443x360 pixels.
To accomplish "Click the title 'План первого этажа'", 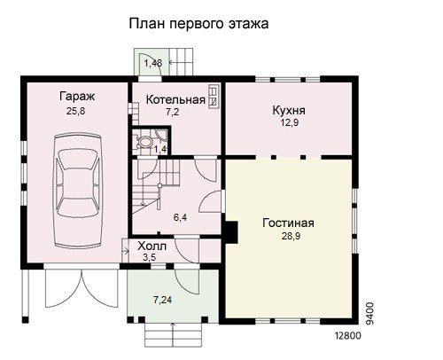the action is [198, 24].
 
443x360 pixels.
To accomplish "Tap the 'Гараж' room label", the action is [77, 97].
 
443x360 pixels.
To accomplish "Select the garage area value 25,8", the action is [76, 111].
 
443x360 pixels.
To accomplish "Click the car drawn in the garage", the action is [78, 191].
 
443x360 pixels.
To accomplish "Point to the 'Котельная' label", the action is [175, 99].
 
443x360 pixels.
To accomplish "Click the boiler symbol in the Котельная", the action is [214, 97].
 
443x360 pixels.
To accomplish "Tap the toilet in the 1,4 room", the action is [144, 142].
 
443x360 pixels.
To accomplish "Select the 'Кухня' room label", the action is [289, 110].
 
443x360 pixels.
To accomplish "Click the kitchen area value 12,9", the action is [290, 122].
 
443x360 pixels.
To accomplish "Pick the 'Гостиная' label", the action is [288, 223].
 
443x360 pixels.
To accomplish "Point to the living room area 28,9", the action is [291, 236].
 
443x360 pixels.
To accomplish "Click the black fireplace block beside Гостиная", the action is [231, 232].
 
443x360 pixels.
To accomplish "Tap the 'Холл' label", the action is [152, 247].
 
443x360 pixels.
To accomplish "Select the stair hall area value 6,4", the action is [180, 218].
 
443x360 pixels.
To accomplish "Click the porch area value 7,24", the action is [162, 300].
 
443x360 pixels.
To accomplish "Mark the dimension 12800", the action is [348, 336].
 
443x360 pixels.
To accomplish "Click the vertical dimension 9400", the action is [369, 313].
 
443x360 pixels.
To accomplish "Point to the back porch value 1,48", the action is [153, 63].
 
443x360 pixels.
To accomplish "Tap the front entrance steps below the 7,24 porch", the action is [174, 335].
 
